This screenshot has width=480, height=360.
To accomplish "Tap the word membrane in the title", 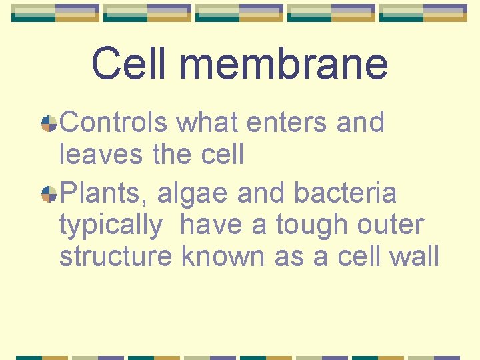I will pyautogui.click(x=283, y=64).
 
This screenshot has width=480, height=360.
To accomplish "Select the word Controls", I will pyautogui.click(x=115, y=123).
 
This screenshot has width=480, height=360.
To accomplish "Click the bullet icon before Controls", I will pyautogui.click(x=49, y=123).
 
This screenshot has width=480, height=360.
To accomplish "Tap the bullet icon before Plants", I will pyautogui.click(x=49, y=194).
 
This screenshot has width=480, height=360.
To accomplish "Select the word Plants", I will pyautogui.click(x=105, y=194).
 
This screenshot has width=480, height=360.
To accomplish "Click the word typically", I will pyautogui.click(x=111, y=226).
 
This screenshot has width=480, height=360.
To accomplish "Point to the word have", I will pyautogui.click(x=211, y=225).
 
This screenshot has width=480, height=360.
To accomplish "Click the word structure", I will pyautogui.click(x=115, y=257).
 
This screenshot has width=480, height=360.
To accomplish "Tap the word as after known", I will pyautogui.click(x=287, y=257).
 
